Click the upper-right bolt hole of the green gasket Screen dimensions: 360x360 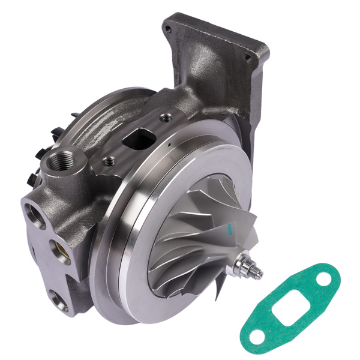tap(323, 277)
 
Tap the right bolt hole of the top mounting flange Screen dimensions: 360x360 tap(247, 58)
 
